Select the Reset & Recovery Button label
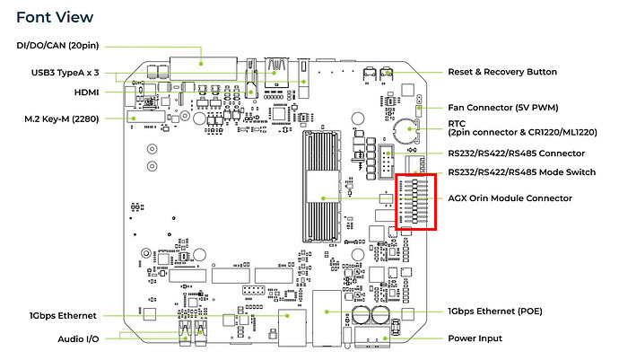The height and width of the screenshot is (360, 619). [x=502, y=72]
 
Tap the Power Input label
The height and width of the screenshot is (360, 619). [x=475, y=338]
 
